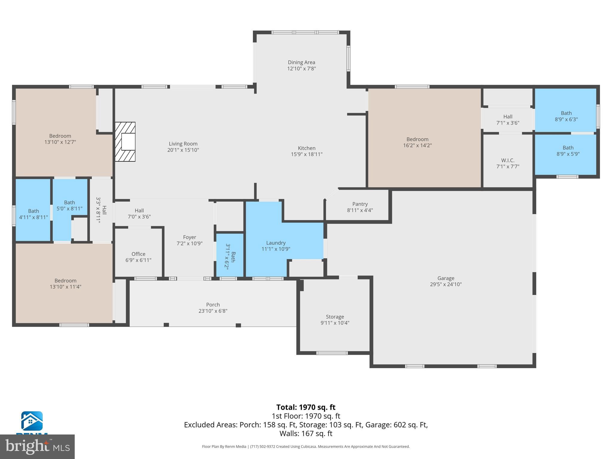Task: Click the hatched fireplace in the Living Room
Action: (x=125, y=142)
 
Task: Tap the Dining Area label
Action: (x=301, y=62)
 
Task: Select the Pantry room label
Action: (x=360, y=204)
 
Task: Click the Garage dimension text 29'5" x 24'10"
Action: (x=446, y=284)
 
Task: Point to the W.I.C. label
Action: (x=508, y=160)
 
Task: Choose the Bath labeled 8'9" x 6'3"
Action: (x=566, y=116)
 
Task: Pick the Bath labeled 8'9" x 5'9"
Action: (x=568, y=151)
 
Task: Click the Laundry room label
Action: (x=276, y=243)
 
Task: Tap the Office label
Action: (x=138, y=254)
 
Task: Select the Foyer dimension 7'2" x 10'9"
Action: (x=189, y=244)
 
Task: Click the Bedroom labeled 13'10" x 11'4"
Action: (x=65, y=284)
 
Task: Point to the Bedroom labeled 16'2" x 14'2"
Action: (x=417, y=142)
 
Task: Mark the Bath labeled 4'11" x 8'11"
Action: (x=33, y=214)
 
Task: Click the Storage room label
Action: (x=335, y=317)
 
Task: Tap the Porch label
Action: (x=213, y=305)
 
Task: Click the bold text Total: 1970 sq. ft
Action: (x=306, y=407)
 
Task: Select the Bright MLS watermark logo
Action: (x=37, y=446)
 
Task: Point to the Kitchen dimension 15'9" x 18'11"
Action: (x=307, y=154)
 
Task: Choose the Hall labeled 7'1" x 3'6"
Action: (x=508, y=120)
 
